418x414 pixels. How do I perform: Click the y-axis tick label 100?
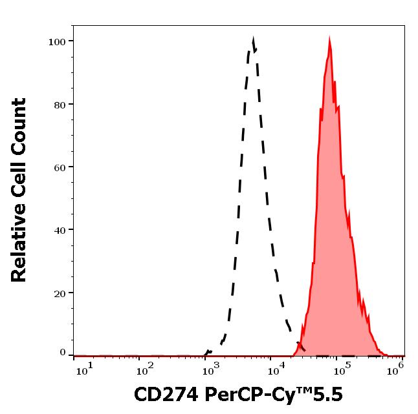coord(58,42)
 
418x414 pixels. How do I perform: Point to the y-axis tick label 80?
coord(60,105)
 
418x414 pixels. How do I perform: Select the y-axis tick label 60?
coord(60,167)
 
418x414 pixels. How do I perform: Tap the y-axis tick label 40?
coord(60,230)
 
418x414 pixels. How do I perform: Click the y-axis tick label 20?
coord(60,293)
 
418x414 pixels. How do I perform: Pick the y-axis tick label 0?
coord(63,353)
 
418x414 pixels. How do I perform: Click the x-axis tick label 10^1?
coord(85,368)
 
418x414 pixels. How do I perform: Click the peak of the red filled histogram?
coord(329,42)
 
